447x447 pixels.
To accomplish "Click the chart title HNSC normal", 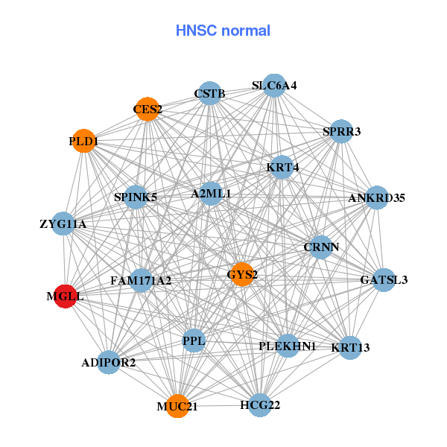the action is coord(223,31).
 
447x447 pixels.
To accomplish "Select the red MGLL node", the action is coord(65,296).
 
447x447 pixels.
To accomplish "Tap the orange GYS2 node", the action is coord(242,274).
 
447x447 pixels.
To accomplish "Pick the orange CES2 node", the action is coord(148,109).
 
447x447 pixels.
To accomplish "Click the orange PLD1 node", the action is coord(84,141).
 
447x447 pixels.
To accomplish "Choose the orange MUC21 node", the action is coord(177,406).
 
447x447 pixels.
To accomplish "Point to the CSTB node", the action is coord(210,93).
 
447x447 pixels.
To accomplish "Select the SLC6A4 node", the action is coord(274,86).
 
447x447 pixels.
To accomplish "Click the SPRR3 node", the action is coord(341,132).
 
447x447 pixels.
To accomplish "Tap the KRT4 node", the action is coord(282,168).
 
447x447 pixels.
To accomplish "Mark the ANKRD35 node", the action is coord(377,198).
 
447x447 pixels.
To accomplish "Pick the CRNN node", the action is coord(321,247).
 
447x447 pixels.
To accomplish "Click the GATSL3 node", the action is coord(384,280).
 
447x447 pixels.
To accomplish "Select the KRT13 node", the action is coord(350,347).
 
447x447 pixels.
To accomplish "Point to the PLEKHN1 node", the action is coord(288,346).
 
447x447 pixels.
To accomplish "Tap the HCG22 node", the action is coord(259,405).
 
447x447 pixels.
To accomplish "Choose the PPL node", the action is coord(194,341).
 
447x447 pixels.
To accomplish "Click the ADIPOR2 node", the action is coord(109,363).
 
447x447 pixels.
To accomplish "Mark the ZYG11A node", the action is coord(63,223).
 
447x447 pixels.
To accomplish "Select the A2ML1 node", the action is coord(211,194).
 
